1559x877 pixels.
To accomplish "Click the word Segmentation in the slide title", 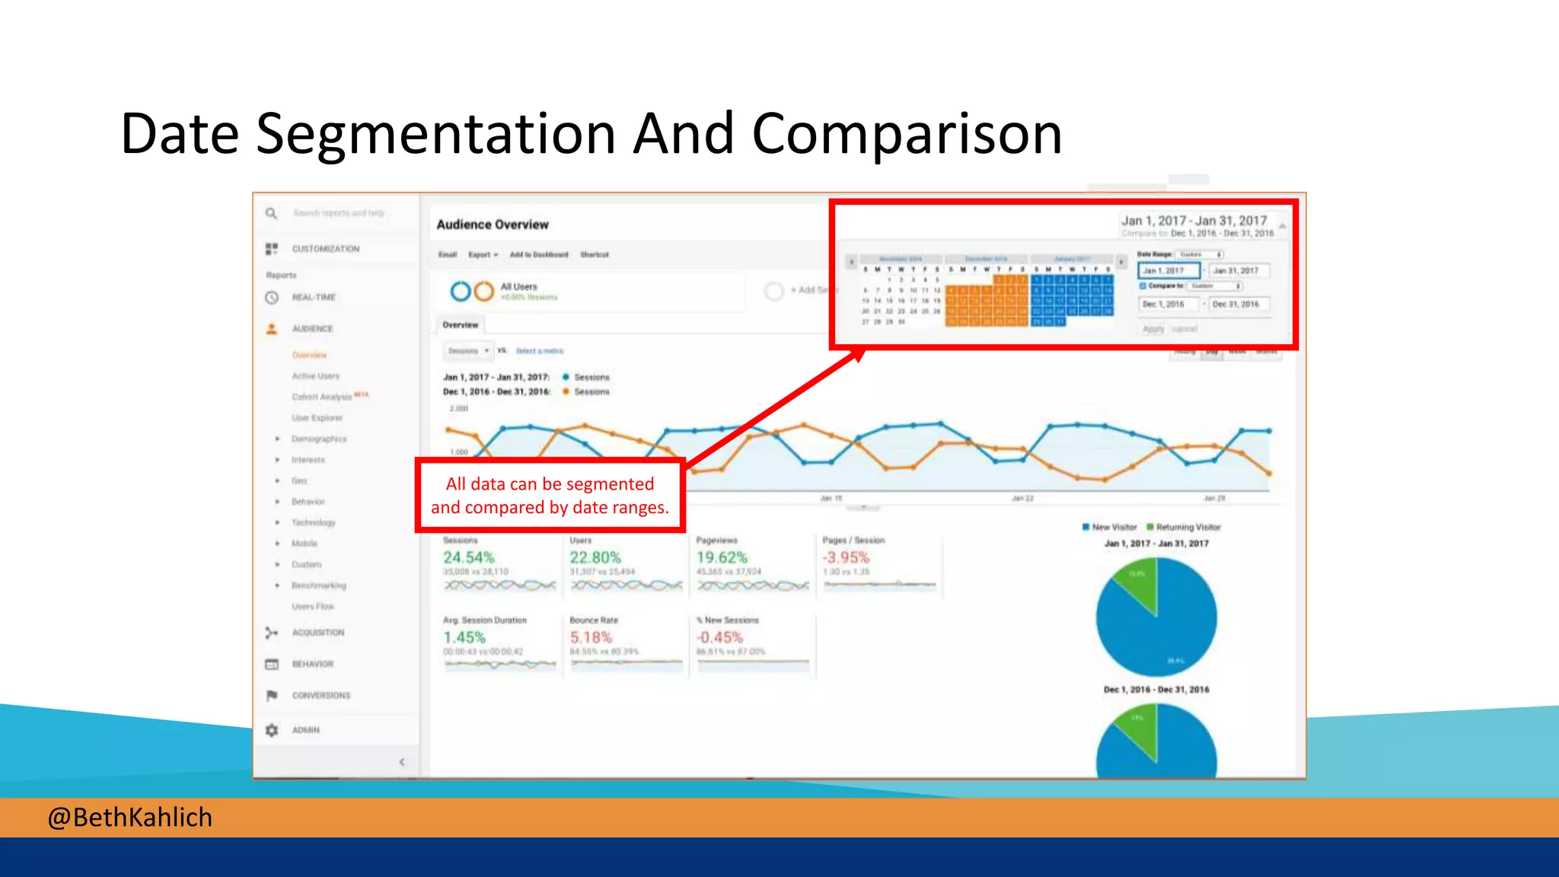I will click(435, 134).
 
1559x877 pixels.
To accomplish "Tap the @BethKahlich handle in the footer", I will click(129, 818).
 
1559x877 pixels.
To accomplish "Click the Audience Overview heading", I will click(493, 225).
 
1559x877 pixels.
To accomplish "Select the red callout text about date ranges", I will click(550, 496).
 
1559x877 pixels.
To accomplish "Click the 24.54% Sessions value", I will click(469, 557).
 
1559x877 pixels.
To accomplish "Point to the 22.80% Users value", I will click(595, 557).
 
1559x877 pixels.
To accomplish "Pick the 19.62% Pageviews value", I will click(722, 557).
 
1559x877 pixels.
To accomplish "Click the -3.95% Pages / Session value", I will click(846, 557).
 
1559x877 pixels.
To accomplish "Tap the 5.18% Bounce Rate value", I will click(591, 637).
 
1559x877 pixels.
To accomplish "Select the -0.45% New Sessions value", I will click(719, 637).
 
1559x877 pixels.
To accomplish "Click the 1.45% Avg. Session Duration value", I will click(464, 637).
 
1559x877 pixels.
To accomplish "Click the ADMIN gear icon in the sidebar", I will click(272, 730).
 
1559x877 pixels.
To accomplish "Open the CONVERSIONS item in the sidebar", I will click(320, 695).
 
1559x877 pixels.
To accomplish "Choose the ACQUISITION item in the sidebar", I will click(317, 633).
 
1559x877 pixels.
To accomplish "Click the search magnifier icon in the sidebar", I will click(272, 213).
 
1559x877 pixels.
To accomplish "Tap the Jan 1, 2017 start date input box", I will click(1168, 270).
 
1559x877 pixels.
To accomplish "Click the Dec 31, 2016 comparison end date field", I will click(1236, 304).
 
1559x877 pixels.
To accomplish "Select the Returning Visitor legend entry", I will click(1187, 527).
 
